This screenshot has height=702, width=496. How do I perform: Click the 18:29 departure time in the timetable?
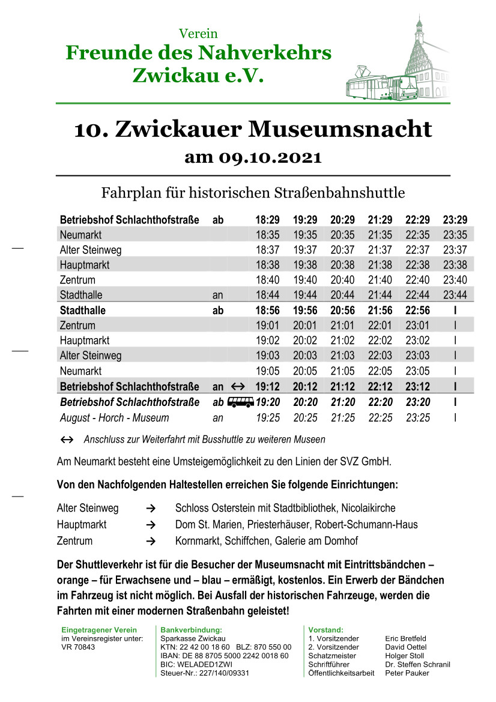(x=267, y=220)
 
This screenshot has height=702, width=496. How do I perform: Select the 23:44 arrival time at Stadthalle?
(x=455, y=295)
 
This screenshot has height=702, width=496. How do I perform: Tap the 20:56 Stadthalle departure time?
(x=342, y=310)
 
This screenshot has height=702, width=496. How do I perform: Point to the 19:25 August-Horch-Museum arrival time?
(x=267, y=418)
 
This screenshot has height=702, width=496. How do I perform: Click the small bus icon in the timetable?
(x=240, y=402)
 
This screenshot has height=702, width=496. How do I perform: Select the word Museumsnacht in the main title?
(x=340, y=129)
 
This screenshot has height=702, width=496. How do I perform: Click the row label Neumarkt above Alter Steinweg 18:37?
(x=80, y=235)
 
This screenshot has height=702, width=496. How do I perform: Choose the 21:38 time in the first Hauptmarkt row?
(x=380, y=265)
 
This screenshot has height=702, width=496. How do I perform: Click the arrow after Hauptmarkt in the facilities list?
(x=151, y=525)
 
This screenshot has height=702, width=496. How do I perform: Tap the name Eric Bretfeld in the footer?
(x=405, y=638)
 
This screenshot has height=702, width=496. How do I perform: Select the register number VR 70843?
(x=78, y=647)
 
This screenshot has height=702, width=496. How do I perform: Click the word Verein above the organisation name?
(x=199, y=34)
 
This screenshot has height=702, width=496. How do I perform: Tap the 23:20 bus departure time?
(x=417, y=402)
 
